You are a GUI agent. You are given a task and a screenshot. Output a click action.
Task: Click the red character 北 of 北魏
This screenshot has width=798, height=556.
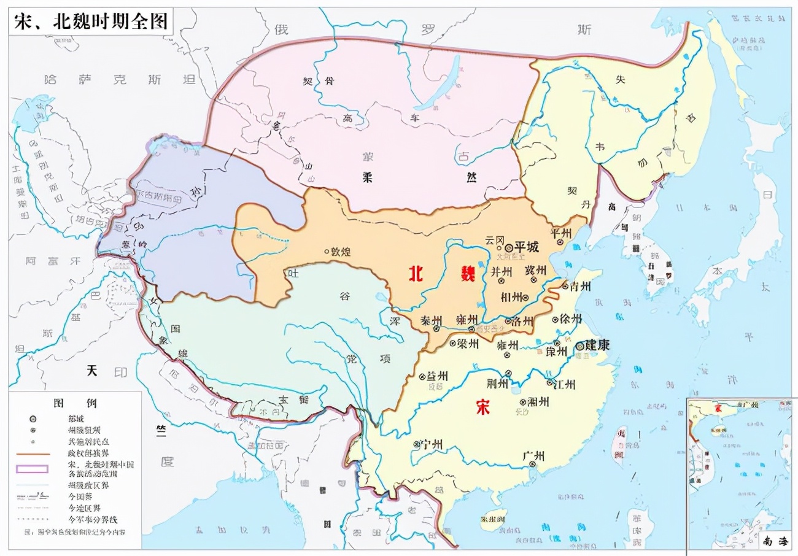(417, 274)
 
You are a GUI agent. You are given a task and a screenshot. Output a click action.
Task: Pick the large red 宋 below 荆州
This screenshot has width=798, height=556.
(482, 407)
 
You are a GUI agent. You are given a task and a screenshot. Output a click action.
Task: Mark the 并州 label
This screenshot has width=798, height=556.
(500, 271)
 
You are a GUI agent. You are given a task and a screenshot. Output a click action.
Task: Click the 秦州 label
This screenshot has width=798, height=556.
(431, 320)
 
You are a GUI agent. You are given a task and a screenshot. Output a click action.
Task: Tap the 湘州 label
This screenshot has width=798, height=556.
(538, 401)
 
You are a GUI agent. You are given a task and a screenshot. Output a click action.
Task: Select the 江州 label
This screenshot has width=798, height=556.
(564, 384)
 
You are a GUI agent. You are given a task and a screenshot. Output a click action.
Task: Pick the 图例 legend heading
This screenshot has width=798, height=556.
(75, 403)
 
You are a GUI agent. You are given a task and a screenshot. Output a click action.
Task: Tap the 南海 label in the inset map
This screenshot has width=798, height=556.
(775, 541)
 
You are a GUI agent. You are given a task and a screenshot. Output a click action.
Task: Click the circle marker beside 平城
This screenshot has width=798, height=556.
(509, 247)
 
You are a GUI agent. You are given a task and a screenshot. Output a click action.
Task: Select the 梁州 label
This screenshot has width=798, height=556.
(467, 343)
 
